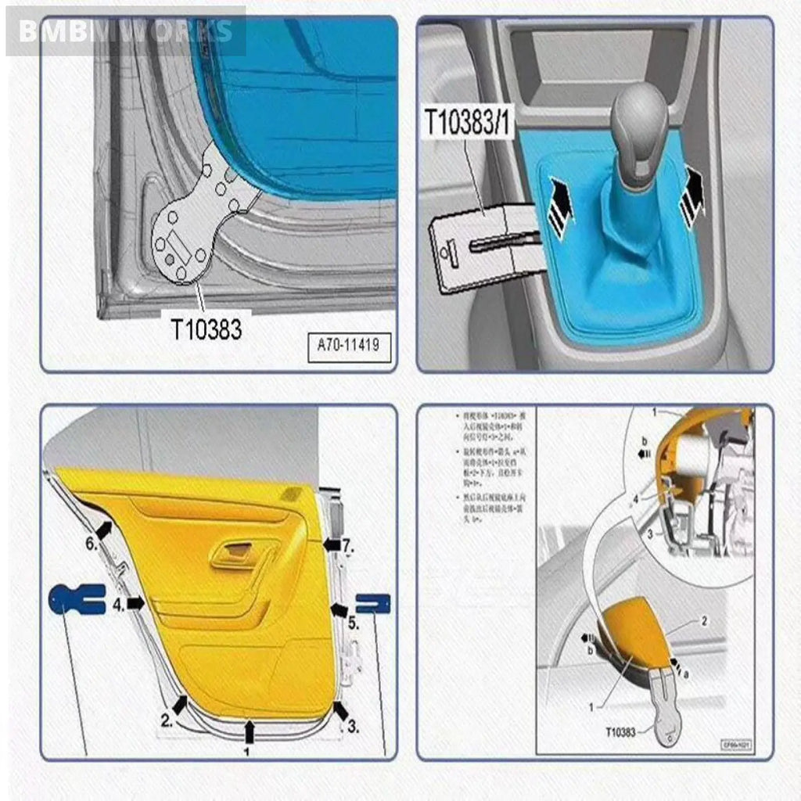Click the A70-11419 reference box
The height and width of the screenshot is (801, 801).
(x=348, y=344)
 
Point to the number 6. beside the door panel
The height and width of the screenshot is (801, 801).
(x=91, y=544)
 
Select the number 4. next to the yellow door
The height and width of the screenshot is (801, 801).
(x=118, y=605)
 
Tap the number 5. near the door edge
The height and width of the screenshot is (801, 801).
(x=353, y=624)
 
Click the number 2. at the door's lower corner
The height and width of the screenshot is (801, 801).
(x=167, y=720)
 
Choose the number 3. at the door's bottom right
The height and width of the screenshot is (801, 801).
(x=353, y=727)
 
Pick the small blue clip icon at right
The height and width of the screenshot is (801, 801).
(x=372, y=602)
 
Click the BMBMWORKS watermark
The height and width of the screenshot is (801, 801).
(x=125, y=31)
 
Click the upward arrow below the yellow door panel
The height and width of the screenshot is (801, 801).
(x=250, y=731)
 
